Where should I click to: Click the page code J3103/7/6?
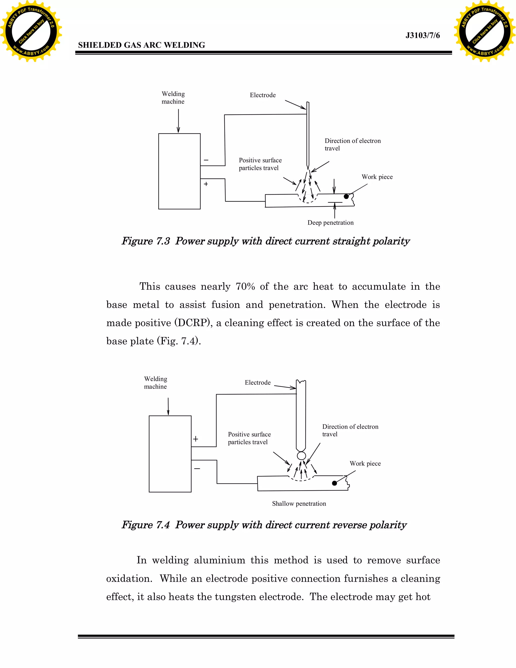pos(423,36)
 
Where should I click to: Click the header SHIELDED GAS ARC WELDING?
pos(142,45)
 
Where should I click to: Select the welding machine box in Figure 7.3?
pos(179,171)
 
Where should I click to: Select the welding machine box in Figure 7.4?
pos(170,453)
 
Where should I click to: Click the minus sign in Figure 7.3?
pos(206,160)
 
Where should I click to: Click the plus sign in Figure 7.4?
pos(196,439)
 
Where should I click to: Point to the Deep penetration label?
pos(331,223)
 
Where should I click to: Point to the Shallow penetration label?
pos(299,503)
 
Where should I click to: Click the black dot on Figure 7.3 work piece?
pos(346,197)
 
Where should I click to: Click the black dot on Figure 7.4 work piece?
pos(334,483)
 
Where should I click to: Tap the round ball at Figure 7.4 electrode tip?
pos(301,456)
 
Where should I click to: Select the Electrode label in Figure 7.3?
pos(263,95)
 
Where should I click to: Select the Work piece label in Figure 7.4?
pos(365,463)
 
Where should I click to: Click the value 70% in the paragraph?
pos(245,287)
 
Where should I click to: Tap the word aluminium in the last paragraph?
pos(219,560)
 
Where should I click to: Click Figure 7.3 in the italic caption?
pos(146,241)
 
